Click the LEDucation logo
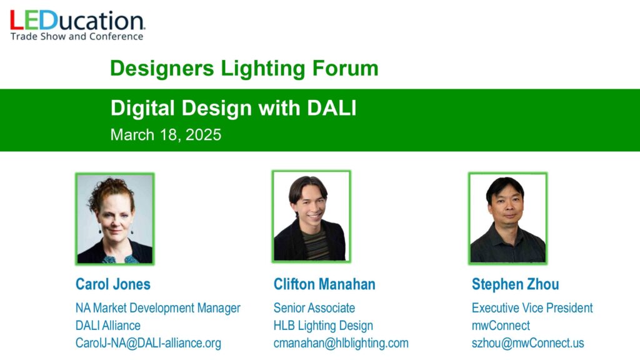(77, 25)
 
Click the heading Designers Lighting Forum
(244, 68)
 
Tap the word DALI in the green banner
(331, 108)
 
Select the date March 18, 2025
(166, 135)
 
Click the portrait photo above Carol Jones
(115, 219)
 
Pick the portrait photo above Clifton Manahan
(311, 216)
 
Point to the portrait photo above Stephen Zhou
(507, 218)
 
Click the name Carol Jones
(113, 284)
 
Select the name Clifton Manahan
(324, 284)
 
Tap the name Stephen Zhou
(516, 284)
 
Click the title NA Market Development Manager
(158, 307)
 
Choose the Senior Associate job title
(314, 307)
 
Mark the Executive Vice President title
(532, 307)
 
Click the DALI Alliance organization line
(107, 325)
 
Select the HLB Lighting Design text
(323, 325)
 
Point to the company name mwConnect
(501, 325)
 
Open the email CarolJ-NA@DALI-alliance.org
(148, 343)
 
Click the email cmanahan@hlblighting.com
(341, 343)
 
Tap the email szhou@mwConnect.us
(527, 343)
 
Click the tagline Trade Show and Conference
(77, 36)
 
